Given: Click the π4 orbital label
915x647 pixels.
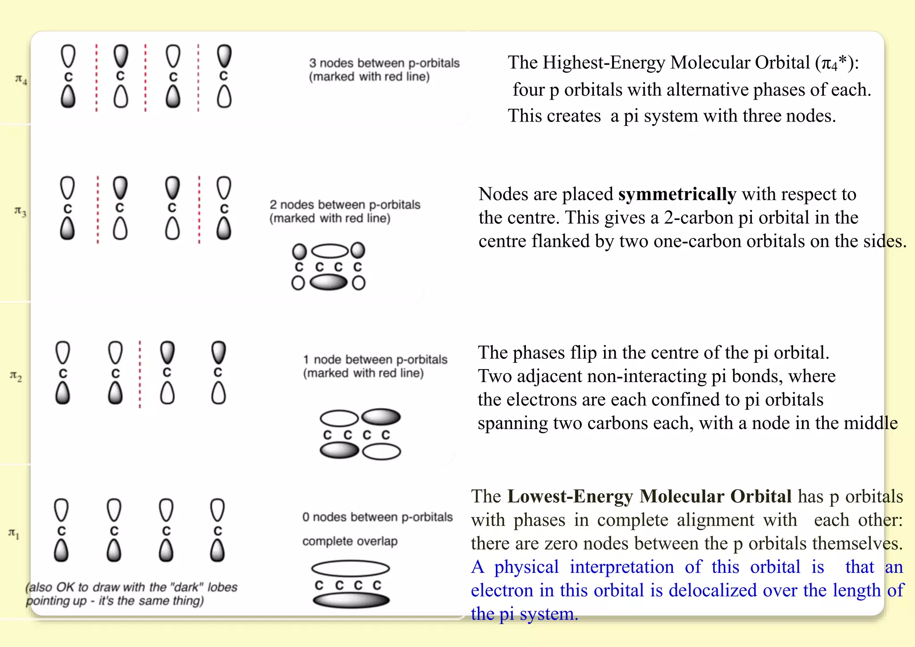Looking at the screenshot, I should [x=21, y=80].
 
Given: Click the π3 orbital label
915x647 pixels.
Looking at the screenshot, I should [x=20, y=211].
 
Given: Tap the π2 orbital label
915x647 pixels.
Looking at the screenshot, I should [x=16, y=376].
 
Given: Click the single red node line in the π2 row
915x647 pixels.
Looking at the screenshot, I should [x=140, y=374].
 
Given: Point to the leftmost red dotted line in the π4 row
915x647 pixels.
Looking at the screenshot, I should [x=97, y=78].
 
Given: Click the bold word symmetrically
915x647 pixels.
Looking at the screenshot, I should [x=677, y=194].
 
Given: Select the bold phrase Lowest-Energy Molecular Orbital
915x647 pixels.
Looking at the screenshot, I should [x=649, y=496].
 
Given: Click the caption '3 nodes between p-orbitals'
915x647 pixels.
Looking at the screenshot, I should [x=384, y=63].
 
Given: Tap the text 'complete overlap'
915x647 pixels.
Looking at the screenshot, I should [x=349, y=541].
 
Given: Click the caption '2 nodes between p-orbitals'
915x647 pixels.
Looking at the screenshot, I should [x=344, y=205].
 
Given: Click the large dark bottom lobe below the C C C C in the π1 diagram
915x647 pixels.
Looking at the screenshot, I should [x=351, y=600].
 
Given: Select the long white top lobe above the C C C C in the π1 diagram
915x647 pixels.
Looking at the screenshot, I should [x=350, y=568].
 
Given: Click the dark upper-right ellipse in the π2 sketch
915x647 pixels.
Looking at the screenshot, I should [x=381, y=417].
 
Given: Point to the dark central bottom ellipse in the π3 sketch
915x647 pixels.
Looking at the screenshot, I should [x=328, y=282].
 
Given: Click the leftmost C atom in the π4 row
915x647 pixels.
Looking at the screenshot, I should [x=68, y=77].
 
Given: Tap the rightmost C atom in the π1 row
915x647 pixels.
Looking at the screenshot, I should [x=218, y=531].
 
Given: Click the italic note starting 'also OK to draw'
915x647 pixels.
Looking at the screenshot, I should [x=132, y=594].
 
